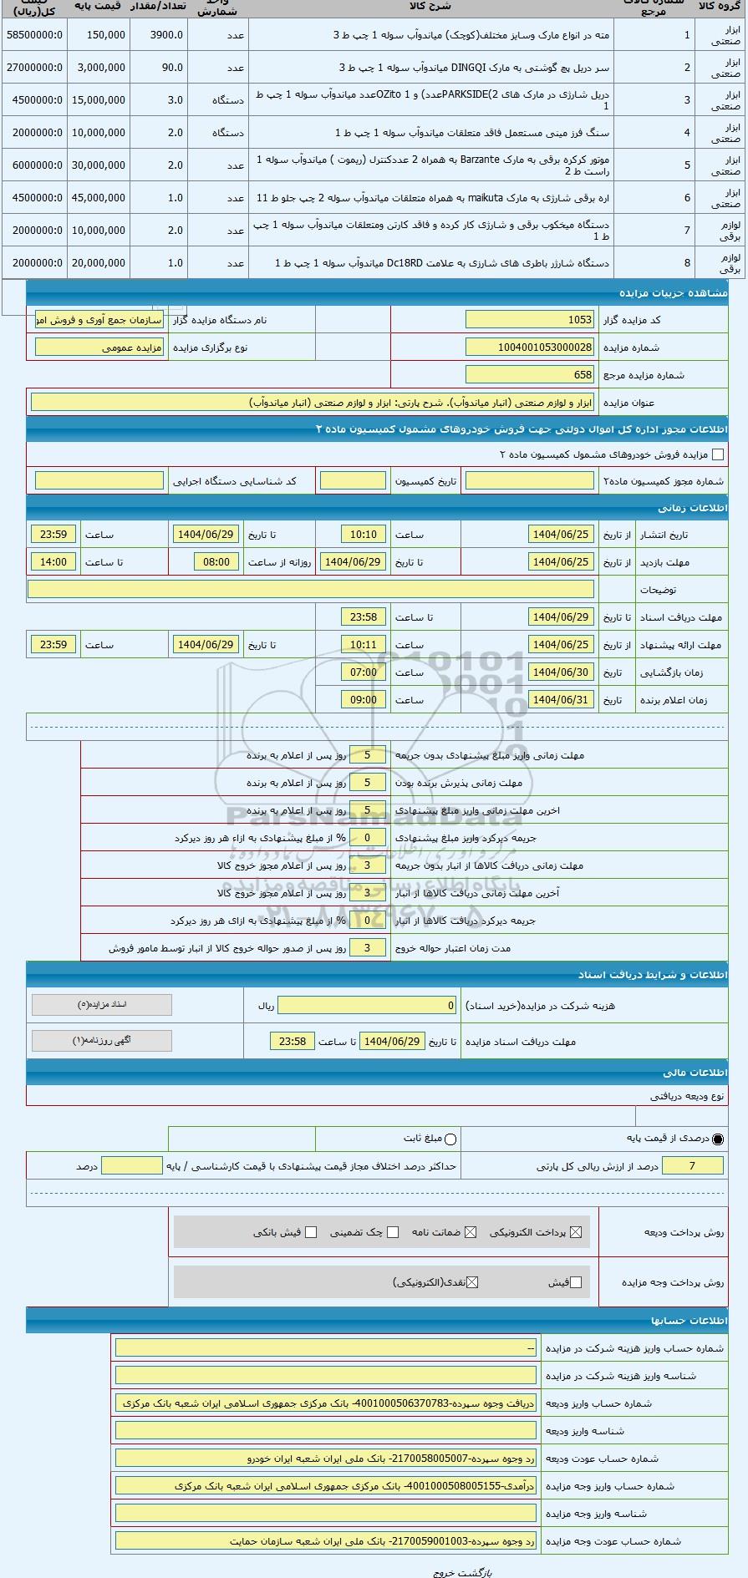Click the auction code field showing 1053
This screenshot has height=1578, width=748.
tap(530, 320)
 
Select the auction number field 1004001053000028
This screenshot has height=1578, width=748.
tap(530, 348)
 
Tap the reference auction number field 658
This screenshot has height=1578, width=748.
tap(530, 375)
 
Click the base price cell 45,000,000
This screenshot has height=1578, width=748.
tap(99, 198)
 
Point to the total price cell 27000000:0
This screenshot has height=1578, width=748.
tap(33, 68)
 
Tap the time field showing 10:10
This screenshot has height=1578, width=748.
tap(363, 535)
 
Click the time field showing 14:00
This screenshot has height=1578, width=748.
tap(53, 562)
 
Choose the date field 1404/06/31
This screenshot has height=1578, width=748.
tap(561, 700)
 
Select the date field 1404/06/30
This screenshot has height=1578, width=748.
tap(561, 672)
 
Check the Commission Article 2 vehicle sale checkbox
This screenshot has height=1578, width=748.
tap(717, 455)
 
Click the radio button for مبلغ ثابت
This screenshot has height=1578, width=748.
tap(450, 1139)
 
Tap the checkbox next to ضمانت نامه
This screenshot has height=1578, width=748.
tap(471, 1232)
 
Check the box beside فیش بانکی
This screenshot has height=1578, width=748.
tap(311, 1232)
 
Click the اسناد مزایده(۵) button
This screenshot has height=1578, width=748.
tap(101, 1005)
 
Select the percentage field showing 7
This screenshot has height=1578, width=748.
tap(692, 1166)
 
